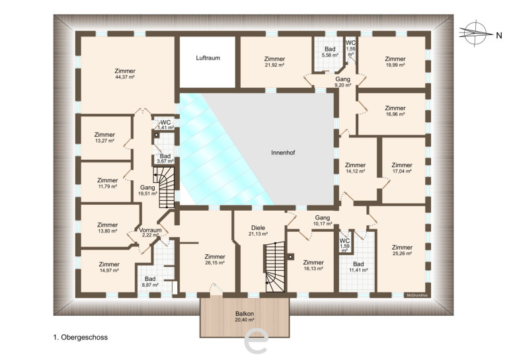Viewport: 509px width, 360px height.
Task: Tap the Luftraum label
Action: pos(208,58)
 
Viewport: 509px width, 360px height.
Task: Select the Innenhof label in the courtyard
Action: pos(283,153)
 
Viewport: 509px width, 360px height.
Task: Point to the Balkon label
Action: pos(245,314)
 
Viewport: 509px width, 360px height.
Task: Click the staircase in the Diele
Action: pos(275,268)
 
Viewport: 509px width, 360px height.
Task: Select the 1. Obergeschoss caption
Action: pos(81,338)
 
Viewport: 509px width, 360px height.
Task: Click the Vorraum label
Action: pos(150,231)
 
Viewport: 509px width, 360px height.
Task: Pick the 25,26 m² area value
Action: pos(402,254)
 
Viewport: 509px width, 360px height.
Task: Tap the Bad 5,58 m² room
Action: pos(329,54)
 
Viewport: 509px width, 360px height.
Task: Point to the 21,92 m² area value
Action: pos(274,65)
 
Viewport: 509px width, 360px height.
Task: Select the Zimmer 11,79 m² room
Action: pos(106,182)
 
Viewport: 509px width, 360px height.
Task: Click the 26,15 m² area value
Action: pos(215,263)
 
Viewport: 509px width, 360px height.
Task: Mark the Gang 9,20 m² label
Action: pos(343,82)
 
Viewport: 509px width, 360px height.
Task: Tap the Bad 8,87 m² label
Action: pos(150,282)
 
